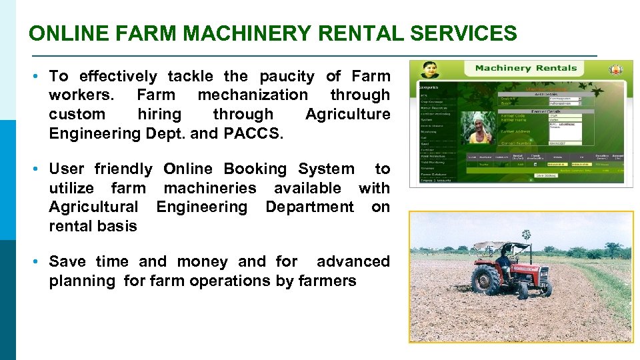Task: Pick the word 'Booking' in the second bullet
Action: click(x=257, y=169)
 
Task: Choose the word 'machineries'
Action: click(x=209, y=188)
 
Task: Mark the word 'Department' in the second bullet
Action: click(x=309, y=207)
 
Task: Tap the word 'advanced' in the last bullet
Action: click(x=353, y=261)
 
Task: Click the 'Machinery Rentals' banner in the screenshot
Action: click(x=525, y=69)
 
